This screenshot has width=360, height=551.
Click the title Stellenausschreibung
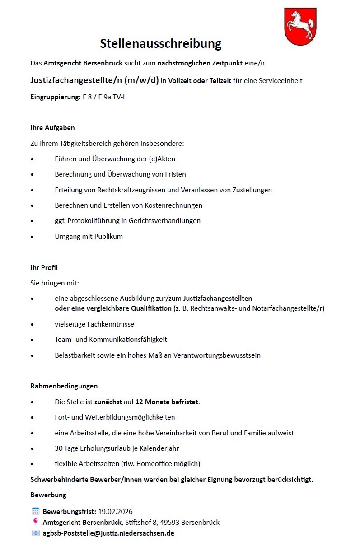click(x=160, y=43)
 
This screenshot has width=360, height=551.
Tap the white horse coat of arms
click(x=300, y=27)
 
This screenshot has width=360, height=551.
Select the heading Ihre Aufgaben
click(x=52, y=128)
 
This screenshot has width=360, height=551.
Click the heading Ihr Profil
click(x=44, y=268)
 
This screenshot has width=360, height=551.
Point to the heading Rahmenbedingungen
click(x=64, y=386)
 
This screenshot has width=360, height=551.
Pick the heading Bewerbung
click(x=48, y=495)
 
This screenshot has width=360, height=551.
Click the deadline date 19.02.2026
click(x=115, y=512)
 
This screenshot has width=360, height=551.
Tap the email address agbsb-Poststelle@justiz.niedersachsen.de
click(x=108, y=533)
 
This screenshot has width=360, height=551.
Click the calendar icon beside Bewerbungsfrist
click(x=35, y=512)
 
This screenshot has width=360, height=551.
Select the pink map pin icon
click(x=35, y=522)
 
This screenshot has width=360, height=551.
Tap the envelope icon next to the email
click(x=35, y=533)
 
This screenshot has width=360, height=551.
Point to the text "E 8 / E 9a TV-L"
click(x=104, y=97)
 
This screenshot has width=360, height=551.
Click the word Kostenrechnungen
click(x=173, y=205)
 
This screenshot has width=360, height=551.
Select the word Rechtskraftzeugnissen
click(x=129, y=190)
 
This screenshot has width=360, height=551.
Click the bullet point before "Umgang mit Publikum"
click(x=32, y=237)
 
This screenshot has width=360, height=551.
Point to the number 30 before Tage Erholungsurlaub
click(x=59, y=448)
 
